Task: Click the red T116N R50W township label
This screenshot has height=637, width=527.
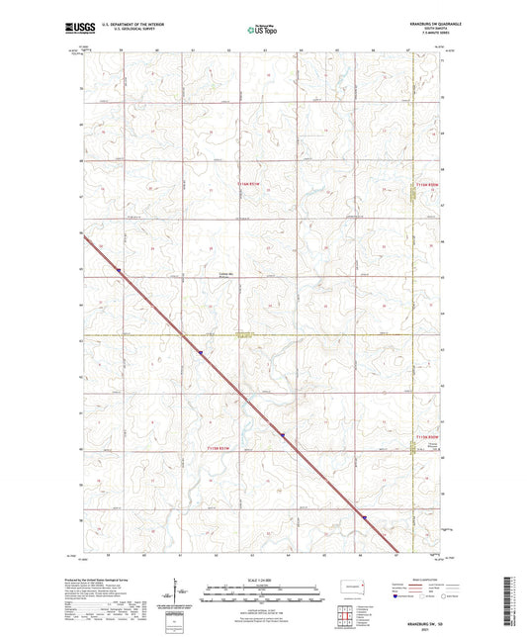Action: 427,184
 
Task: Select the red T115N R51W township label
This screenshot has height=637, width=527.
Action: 225,449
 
